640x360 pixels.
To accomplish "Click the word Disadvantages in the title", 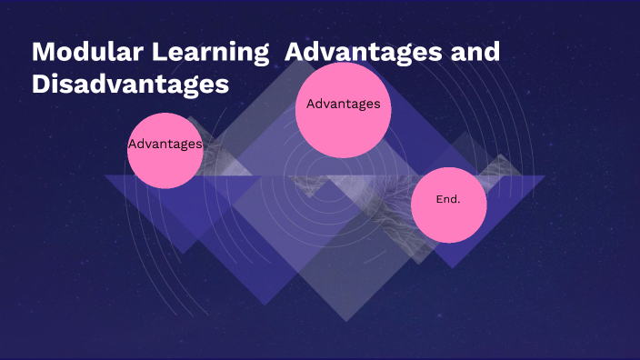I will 129,85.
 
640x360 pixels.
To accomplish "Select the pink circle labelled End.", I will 449,205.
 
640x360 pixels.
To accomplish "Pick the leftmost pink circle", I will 165,151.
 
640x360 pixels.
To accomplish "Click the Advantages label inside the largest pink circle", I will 344,104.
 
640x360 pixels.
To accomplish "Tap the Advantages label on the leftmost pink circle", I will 165,144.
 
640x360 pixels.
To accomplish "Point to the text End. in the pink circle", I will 448,198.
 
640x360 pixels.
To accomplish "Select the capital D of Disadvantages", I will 41,85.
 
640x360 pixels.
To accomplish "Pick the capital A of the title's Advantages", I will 295,51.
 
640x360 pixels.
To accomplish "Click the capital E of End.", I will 439,198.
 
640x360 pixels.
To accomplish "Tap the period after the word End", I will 459,201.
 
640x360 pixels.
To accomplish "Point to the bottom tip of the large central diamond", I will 346,321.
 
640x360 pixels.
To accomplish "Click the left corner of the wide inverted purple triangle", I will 105,175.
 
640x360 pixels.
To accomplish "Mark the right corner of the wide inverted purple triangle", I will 545,175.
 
